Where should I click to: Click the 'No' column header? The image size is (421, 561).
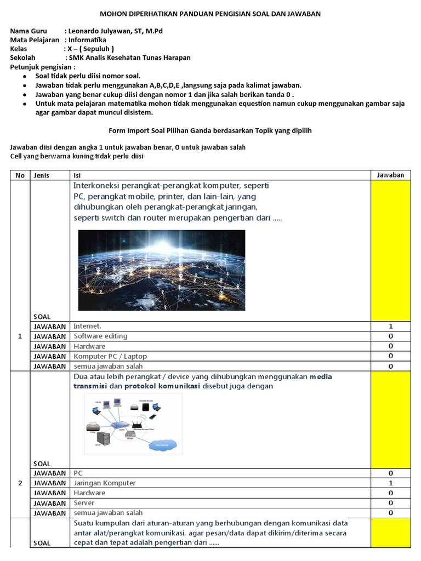20,175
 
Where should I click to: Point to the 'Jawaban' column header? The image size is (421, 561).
390,175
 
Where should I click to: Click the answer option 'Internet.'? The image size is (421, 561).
88,326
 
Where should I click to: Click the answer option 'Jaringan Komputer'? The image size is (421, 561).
105,483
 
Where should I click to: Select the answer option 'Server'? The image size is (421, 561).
84,503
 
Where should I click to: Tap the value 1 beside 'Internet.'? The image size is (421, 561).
390,326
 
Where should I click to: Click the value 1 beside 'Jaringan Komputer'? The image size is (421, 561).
390,483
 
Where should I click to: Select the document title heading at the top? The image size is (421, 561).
210,13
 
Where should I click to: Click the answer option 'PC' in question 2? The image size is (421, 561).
77,473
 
